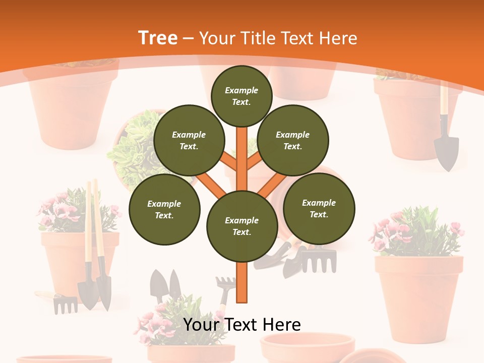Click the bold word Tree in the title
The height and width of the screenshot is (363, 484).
pyautogui.click(x=158, y=38)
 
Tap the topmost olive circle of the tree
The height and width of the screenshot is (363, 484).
pyautogui.click(x=241, y=96)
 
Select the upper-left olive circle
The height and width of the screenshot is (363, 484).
pyautogui.click(x=189, y=141)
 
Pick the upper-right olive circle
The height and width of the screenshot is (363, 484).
pyautogui.click(x=293, y=141)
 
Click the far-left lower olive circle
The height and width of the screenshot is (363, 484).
pyautogui.click(x=164, y=210)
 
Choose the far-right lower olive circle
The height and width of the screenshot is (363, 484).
pyautogui.click(x=319, y=209)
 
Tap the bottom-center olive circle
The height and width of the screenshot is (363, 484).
pyautogui.click(x=242, y=226)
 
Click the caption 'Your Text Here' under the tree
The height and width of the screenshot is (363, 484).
pyautogui.click(x=242, y=325)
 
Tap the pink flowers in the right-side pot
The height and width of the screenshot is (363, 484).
pyautogui.click(x=398, y=232)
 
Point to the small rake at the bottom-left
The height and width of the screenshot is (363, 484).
pyautogui.click(x=64, y=304)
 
